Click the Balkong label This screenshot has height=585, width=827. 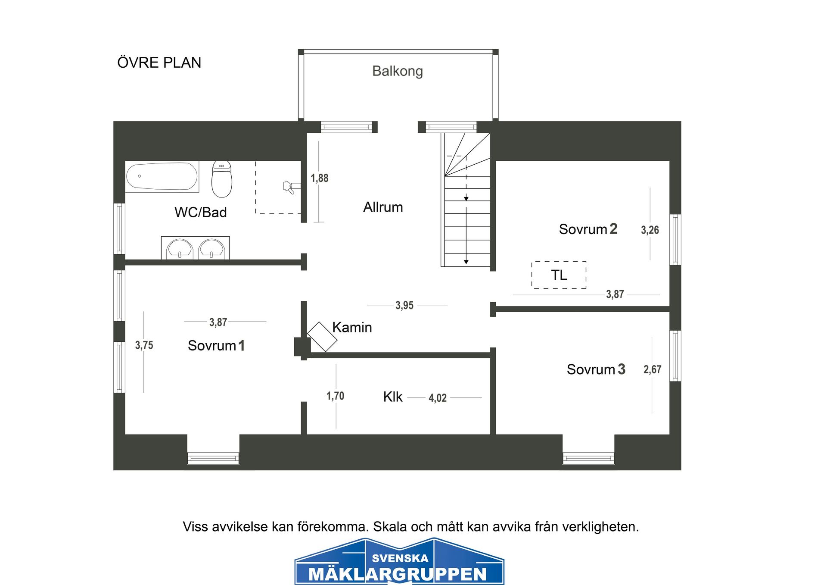coord(397,71)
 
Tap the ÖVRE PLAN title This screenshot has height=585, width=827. coord(159,63)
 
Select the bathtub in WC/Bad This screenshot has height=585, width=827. coord(162,176)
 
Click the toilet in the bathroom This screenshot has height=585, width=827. coord(222,179)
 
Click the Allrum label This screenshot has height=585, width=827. coord(383,207)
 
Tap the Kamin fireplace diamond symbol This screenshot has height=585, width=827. coord(322,337)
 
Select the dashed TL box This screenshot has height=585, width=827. coord(559,275)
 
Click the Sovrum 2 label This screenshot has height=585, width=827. coord(588,229)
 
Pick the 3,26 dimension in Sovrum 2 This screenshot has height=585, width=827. coord(650,230)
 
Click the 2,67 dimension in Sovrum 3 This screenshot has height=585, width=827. coord(652,369)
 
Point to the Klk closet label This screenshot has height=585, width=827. coord(392,397)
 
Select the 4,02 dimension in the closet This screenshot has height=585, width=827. coord(437,398)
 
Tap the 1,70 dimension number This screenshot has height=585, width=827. coord(335,396)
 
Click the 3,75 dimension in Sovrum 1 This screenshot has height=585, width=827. coord(144,345)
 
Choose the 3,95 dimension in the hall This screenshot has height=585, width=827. coord(404,306)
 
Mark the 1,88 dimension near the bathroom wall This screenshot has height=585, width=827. coord(319,178)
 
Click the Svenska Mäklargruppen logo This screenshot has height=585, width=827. coord(399,562)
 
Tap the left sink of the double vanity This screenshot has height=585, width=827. coord(180,249)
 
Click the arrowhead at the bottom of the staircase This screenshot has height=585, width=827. coord(466,262)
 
